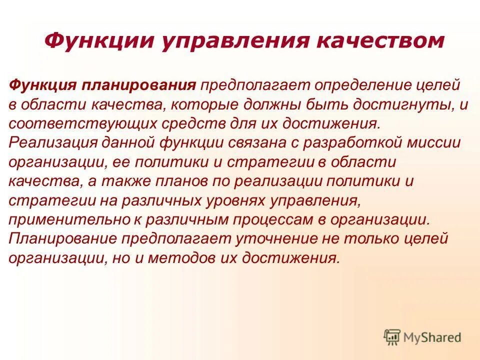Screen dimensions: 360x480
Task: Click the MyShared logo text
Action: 432,337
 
